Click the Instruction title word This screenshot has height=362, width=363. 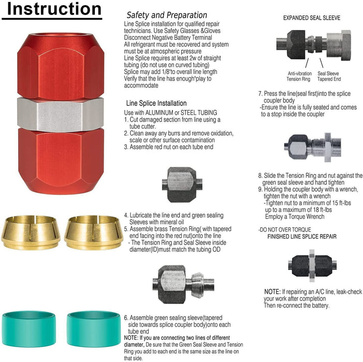pyautogui.click(x=51, y=9)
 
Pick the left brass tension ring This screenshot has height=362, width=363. pyautogui.click(x=31, y=232)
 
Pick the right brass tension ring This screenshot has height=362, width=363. pyautogui.click(x=94, y=232)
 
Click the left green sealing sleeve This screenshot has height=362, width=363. pyautogui.click(x=31, y=325)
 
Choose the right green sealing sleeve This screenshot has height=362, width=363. pyautogui.click(x=94, y=325)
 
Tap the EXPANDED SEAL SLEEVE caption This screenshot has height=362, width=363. pyautogui.click(x=311, y=18)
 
